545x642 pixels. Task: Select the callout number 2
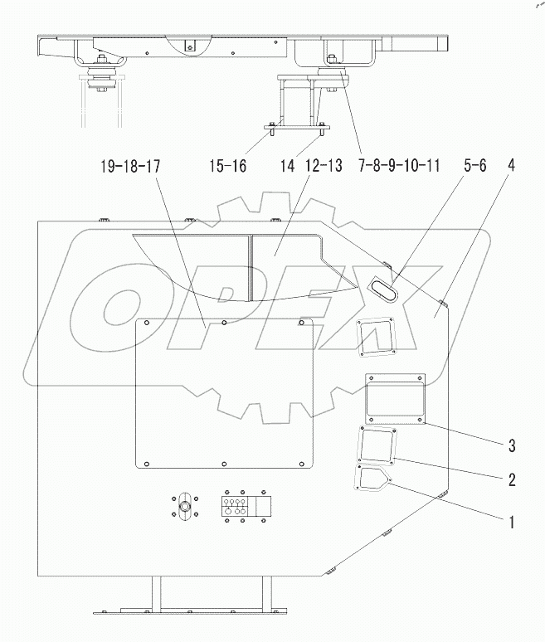pos(512,479)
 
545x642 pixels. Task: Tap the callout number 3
pos(512,447)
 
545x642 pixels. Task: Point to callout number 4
pos(511,165)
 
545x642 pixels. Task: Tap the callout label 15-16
pos(227,166)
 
